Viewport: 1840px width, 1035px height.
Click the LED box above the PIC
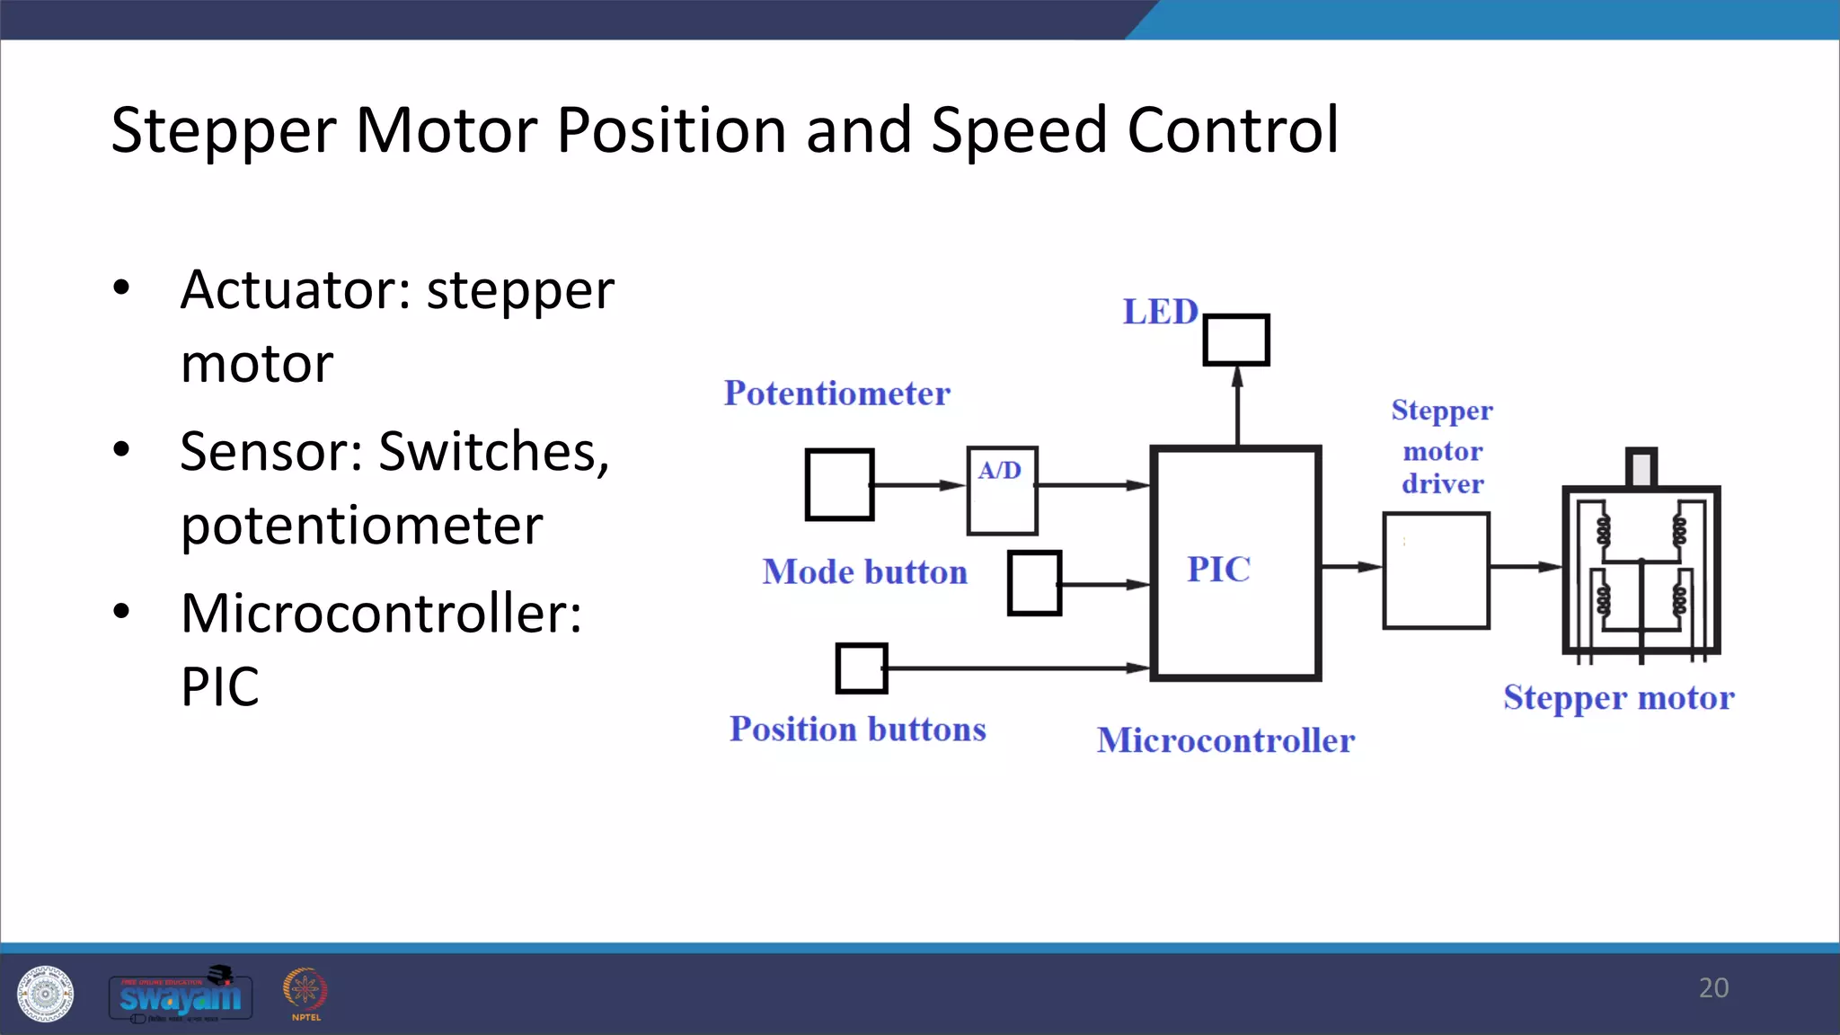coord(1236,340)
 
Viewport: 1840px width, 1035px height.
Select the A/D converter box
coord(1002,491)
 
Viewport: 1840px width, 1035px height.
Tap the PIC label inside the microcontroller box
coord(1218,570)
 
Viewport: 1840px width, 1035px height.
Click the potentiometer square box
coord(839,485)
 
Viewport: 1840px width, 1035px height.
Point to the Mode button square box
coord(1034,583)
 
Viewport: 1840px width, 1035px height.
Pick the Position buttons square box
coord(862,668)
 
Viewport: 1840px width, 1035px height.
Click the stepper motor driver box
coord(1436,571)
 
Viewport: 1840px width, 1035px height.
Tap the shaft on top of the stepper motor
coord(1641,467)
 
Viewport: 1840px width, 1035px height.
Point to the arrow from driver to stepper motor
coord(1526,567)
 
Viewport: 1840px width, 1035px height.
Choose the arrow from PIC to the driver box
coord(1351,567)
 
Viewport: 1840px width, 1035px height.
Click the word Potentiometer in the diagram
coord(836,394)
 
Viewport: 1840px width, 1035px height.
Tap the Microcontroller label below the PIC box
coord(1225,740)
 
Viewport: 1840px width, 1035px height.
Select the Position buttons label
coord(857,729)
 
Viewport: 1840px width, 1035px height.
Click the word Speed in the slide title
coord(1018,130)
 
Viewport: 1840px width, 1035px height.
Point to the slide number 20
coord(1713,987)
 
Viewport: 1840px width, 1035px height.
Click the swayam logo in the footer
coord(181,995)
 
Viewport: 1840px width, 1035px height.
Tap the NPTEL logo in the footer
coord(305,994)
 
